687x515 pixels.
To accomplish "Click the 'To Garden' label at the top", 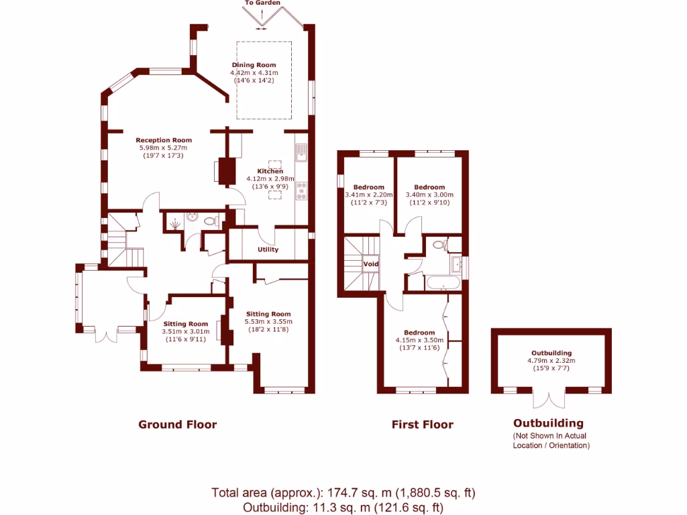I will coord(262,3).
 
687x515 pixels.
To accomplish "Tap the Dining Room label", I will coord(254,65).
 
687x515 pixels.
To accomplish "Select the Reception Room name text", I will coord(164,140).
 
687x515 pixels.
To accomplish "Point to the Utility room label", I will coord(268,250).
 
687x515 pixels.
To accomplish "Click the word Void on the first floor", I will coord(370,264).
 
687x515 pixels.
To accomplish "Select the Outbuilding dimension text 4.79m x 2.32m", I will coord(551,360).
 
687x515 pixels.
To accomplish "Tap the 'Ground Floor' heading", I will coord(177,424).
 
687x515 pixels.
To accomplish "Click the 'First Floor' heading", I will coord(422,424).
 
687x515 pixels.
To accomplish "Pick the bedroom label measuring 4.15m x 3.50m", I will coord(419,333).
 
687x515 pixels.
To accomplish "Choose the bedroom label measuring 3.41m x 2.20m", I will coord(369,187).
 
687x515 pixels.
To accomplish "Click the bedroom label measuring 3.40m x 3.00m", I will coord(429,187).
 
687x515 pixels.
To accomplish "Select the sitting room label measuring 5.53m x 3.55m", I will coord(268,314).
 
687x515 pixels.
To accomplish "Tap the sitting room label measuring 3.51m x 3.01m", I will coord(186,323).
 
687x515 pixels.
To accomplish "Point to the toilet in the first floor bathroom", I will coord(439,245).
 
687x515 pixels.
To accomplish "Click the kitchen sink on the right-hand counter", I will coord(302,154).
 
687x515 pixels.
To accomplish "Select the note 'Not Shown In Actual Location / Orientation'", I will coord(551,441).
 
